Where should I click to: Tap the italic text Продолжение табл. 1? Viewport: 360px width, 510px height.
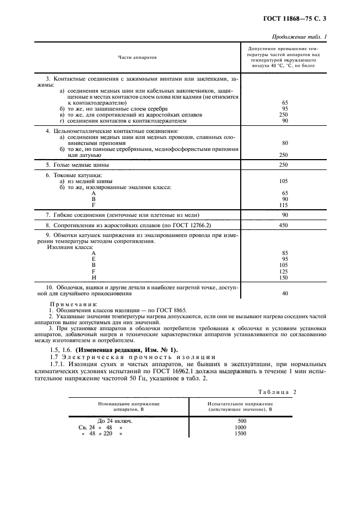point(303,36)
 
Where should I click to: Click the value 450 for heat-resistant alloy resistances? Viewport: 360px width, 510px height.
point(283,225)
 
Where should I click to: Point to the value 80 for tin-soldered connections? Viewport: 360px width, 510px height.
point(283,143)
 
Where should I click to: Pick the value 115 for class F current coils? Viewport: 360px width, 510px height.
point(283,205)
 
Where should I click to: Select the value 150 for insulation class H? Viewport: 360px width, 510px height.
point(283,277)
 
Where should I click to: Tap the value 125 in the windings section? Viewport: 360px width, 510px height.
point(283,271)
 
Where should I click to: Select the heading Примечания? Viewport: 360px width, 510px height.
point(73,304)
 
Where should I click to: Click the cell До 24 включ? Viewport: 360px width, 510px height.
point(114,421)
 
